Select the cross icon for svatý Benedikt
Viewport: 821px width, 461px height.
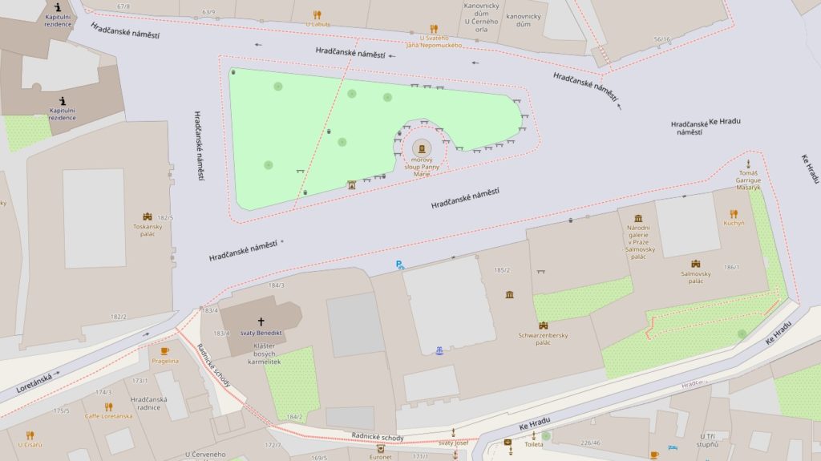[x=261, y=321]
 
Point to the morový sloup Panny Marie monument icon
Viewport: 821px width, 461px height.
[x=422, y=148]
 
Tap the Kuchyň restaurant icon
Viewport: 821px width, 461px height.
[x=733, y=214]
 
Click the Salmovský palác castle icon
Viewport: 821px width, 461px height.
[x=695, y=264]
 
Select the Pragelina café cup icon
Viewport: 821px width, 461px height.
[x=165, y=350]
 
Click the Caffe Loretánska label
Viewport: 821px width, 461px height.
[x=108, y=416]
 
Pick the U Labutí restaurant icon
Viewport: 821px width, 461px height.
[x=317, y=14]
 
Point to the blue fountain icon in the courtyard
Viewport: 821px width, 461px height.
[x=439, y=350]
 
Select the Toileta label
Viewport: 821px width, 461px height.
[x=533, y=443]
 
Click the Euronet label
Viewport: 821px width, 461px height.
[x=380, y=456]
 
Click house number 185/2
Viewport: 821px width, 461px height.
[x=503, y=270]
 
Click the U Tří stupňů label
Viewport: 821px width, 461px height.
[x=706, y=439]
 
